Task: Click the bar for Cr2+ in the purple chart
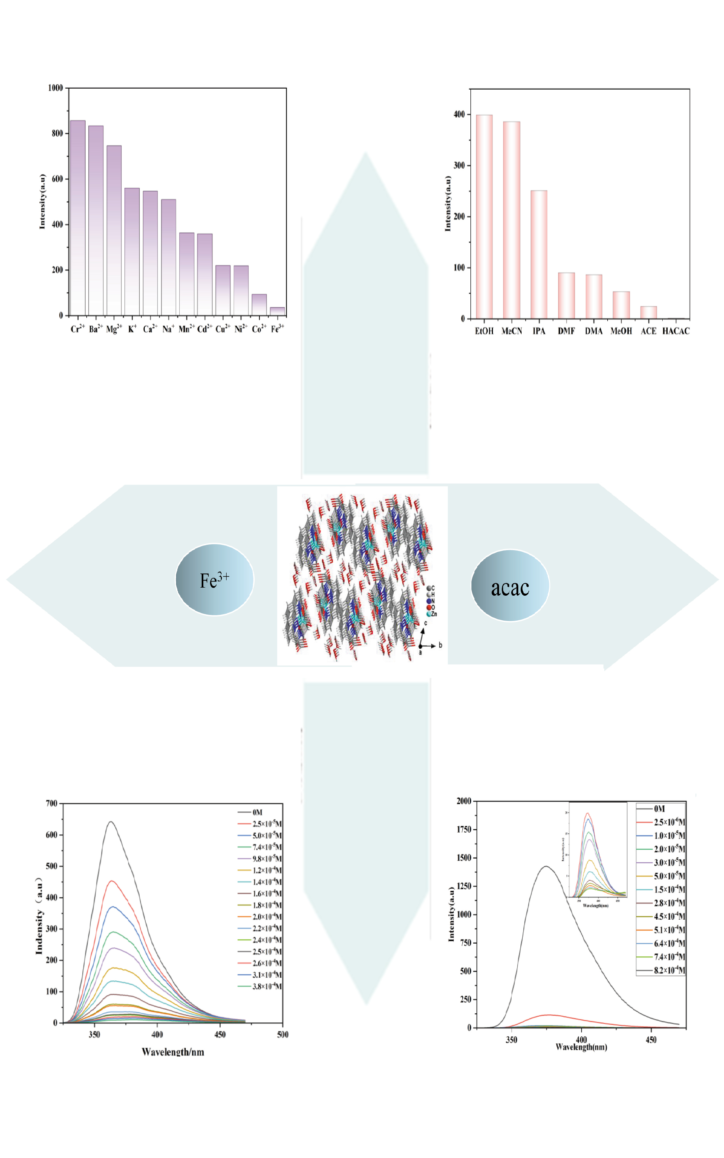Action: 78,218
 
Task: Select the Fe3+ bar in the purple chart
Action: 277,311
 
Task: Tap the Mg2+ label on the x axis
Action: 114,329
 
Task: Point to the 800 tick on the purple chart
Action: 57,133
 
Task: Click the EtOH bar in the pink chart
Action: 484,217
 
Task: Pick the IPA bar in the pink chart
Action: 539,255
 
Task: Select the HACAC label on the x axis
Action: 676,331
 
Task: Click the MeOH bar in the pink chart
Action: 621,305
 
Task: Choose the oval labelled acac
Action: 510,586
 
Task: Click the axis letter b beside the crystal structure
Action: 440,645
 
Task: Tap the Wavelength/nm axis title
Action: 173,1052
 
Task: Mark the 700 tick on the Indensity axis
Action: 52,803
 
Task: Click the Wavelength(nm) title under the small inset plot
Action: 595,906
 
